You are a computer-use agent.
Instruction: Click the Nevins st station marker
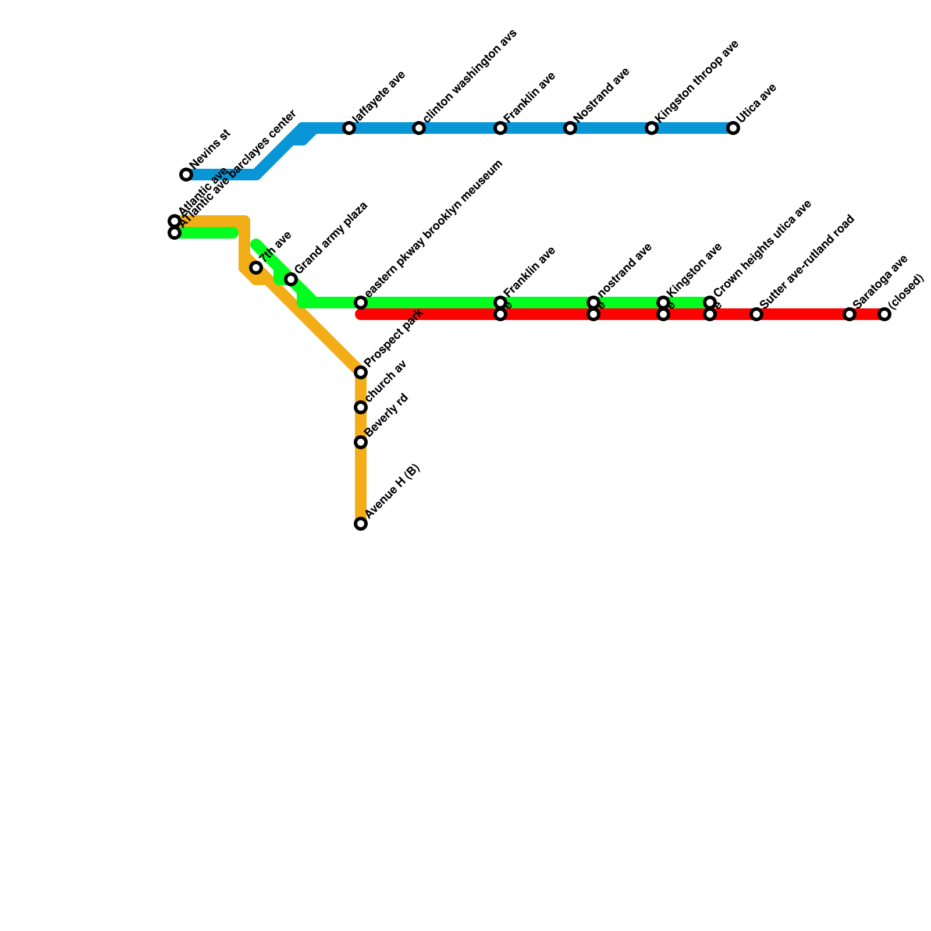click(186, 175)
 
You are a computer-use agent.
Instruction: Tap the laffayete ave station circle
click(349, 128)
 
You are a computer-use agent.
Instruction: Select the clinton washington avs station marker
click(419, 128)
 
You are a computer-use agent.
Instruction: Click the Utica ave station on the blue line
click(733, 128)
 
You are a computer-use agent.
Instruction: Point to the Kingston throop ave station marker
click(652, 128)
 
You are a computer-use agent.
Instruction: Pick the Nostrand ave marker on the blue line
click(570, 128)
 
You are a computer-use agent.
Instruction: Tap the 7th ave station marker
click(256, 268)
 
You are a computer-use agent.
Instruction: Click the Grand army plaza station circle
click(291, 279)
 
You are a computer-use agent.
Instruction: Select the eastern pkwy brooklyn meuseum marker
click(361, 303)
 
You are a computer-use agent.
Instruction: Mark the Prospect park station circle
click(361, 372)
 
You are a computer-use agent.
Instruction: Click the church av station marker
click(361, 407)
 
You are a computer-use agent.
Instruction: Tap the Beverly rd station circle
click(361, 442)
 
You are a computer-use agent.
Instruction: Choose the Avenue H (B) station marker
click(361, 524)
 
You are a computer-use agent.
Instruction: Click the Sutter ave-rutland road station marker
click(756, 314)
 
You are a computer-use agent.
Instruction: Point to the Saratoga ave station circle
click(850, 314)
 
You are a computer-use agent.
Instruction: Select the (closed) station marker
click(884, 314)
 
